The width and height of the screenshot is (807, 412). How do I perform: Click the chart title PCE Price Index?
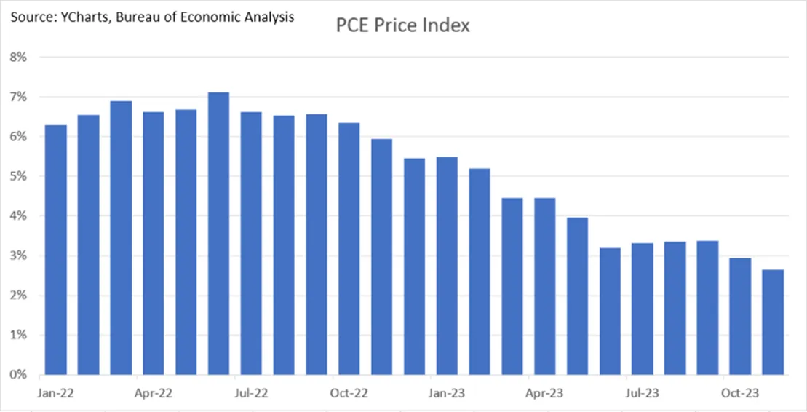tap(402, 26)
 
